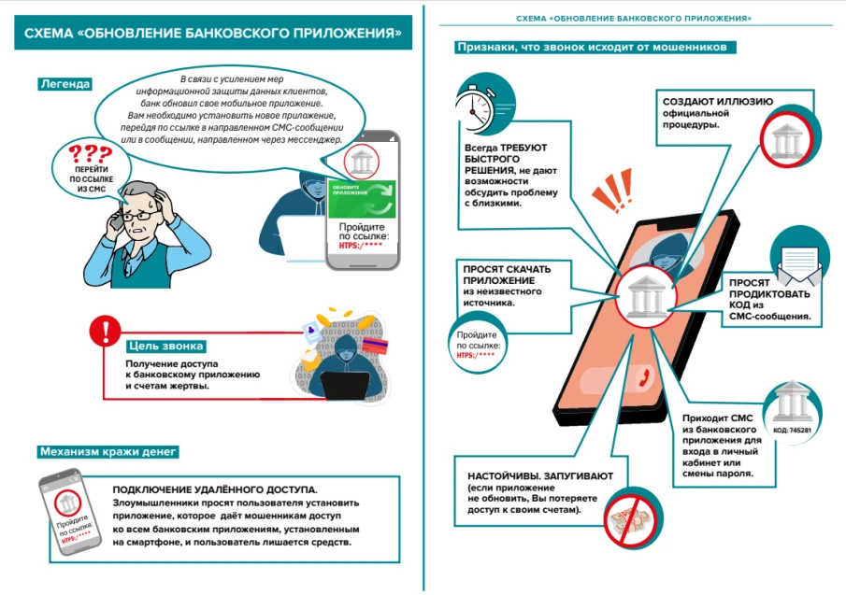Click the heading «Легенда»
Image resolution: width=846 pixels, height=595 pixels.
point(65,84)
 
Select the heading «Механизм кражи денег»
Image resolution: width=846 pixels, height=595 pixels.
point(108,452)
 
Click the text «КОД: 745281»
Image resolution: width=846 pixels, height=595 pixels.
point(793,432)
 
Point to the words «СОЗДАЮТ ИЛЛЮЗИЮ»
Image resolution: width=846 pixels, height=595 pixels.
point(704,102)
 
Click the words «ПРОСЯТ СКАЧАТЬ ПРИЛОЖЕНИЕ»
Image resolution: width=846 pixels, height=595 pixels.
point(508,276)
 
